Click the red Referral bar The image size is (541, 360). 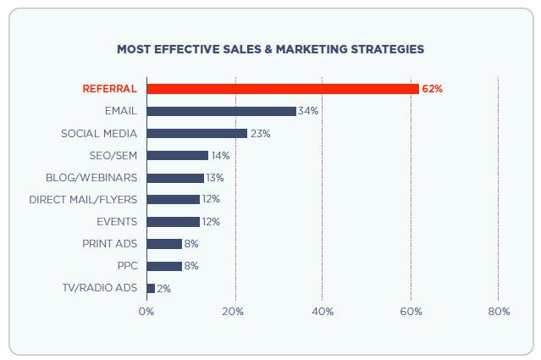coord(282,89)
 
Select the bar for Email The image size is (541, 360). coord(221,111)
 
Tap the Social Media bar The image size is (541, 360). coord(196,133)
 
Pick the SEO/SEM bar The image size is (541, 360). coord(177,155)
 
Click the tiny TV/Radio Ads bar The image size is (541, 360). coord(151,288)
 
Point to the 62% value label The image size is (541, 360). coord(432,89)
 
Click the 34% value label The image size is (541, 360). coord(307,111)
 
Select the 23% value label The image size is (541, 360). coord(259,133)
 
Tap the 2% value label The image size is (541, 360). coord(163,288)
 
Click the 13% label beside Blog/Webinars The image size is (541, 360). coord(216,178)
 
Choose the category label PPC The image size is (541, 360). coord(127,266)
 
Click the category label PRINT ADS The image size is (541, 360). coord(109,244)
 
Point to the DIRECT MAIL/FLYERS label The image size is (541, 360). coord(83,200)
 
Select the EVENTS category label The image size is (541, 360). coord(117,222)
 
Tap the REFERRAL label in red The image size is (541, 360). coord(109,89)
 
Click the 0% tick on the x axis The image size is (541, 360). coord(146,312)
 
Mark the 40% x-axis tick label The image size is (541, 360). coord(323,312)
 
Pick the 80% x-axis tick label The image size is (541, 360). coord(499,312)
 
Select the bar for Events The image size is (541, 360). coord(173,222)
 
